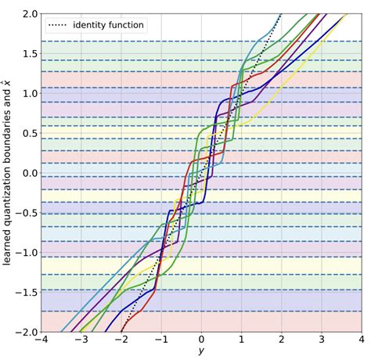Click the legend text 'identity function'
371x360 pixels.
click(x=108, y=26)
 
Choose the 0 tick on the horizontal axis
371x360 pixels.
click(x=201, y=342)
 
